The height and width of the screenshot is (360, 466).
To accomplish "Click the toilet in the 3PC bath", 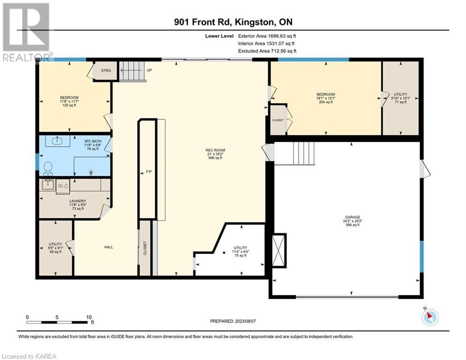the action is tap(48, 168).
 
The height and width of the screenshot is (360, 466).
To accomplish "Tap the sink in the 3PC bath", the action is tap(58, 141).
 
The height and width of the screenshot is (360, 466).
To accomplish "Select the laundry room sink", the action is tap(48, 184).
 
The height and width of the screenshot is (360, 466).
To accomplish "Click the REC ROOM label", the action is tap(215, 150).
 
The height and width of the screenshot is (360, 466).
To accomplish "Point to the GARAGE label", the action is tap(353, 217).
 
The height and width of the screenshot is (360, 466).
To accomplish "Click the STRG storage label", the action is tap(106, 70).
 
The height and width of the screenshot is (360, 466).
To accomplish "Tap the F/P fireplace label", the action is tap(148, 172).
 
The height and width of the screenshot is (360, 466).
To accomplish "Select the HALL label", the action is tap(109, 247).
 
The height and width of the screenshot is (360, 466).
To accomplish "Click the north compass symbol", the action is tap(430, 316).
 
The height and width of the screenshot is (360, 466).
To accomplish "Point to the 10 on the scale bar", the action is tap(89, 317).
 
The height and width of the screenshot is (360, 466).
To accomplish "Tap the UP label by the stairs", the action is tap(149, 70).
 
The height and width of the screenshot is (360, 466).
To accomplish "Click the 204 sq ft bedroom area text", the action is tap(325, 102).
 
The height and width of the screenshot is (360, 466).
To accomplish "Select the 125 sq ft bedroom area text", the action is tap(69, 105).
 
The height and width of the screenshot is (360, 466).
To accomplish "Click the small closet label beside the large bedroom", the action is tap(278, 120).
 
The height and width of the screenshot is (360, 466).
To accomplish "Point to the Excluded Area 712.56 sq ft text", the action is tap(267, 51).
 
